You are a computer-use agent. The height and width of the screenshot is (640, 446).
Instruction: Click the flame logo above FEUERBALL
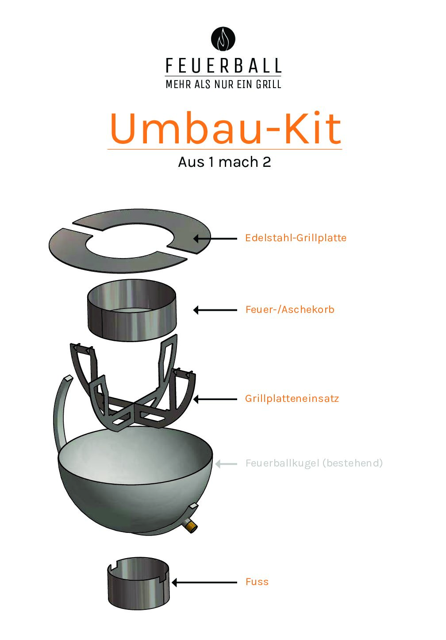(223, 39)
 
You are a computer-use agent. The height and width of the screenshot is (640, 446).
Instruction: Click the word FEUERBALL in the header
(223, 66)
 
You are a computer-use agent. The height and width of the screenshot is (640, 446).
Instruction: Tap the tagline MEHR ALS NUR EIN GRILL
(223, 84)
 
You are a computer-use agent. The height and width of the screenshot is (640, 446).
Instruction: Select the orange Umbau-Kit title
(225, 128)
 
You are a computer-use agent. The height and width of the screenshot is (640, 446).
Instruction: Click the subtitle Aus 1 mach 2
(224, 162)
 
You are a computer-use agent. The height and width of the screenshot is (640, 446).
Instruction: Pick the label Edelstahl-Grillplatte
(296, 238)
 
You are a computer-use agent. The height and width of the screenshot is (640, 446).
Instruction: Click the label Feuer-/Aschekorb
(290, 309)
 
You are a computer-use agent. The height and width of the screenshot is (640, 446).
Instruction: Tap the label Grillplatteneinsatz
(292, 398)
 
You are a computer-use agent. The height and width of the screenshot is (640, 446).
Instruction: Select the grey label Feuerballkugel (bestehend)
(314, 463)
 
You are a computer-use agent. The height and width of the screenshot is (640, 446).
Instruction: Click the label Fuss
(257, 582)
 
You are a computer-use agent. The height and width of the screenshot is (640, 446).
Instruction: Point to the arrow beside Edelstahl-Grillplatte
(215, 238)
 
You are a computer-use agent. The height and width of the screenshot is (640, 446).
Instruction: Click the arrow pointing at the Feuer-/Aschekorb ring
(215, 310)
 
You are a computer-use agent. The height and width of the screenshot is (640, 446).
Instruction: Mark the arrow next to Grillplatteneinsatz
(215, 399)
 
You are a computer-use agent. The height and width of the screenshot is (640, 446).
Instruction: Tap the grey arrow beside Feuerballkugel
(226, 464)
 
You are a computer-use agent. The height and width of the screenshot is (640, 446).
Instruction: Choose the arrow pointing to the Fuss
(204, 582)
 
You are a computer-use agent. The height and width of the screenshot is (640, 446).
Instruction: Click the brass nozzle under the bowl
(191, 525)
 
